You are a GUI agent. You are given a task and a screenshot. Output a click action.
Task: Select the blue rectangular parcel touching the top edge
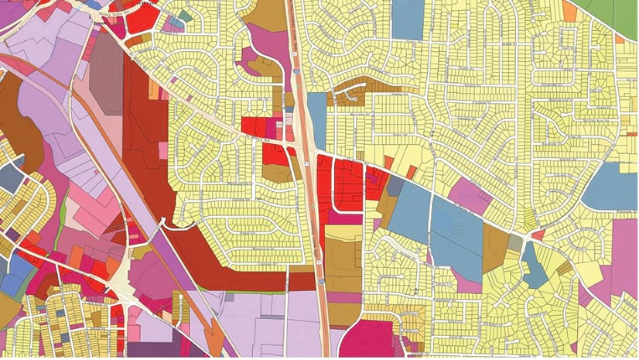(408, 19)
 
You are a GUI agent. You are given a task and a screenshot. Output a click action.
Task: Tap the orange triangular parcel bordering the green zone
(570, 10)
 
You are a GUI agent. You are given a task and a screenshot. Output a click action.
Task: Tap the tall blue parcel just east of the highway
(316, 120)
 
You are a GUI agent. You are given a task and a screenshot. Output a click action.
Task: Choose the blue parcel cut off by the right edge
(611, 186)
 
